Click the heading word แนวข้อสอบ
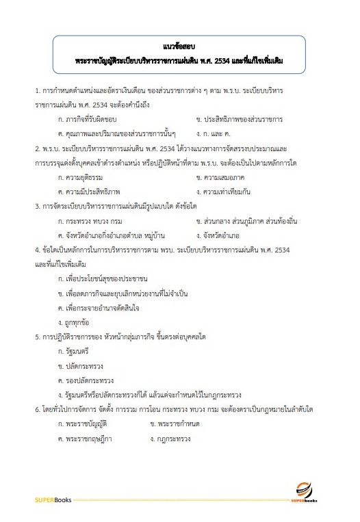pyautogui.click(x=180, y=47)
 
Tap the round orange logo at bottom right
pyautogui.click(x=305, y=487)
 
